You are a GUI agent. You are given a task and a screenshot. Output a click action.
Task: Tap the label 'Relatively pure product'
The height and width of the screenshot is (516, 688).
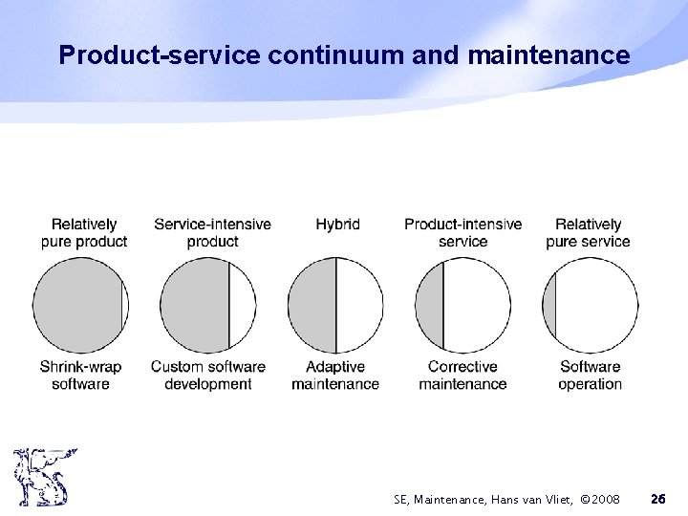84,232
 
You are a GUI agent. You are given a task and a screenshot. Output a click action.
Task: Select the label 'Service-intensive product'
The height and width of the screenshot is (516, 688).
212,232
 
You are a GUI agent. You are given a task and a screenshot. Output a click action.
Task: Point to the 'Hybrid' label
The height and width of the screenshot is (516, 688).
337,225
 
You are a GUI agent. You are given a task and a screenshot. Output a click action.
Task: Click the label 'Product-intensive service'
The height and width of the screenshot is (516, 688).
462,232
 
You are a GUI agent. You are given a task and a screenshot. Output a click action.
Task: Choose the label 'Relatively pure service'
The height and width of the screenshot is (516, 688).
588,232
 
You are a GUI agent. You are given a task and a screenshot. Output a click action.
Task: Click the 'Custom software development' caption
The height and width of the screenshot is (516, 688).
207,375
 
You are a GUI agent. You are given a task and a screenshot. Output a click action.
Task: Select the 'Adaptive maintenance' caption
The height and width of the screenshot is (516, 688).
334,375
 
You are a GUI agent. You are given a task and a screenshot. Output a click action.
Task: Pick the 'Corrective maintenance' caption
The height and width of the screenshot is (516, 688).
462,375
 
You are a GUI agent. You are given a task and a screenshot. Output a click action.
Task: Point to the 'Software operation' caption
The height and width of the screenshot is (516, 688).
590,375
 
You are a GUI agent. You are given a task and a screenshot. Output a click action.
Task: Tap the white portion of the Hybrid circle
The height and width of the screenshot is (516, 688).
360,306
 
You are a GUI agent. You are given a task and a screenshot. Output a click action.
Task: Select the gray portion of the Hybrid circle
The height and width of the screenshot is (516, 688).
312,306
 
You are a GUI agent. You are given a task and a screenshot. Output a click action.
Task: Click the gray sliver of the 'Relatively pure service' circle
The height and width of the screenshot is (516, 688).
549,306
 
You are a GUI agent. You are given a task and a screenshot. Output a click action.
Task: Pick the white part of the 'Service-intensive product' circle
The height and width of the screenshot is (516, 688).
243,306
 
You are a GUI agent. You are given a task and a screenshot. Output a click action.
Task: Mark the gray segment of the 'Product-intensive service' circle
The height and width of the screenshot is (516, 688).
431,306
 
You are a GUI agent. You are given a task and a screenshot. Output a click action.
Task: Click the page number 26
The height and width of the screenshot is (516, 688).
657,499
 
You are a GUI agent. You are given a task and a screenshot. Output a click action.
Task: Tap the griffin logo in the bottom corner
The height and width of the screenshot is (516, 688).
44,478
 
